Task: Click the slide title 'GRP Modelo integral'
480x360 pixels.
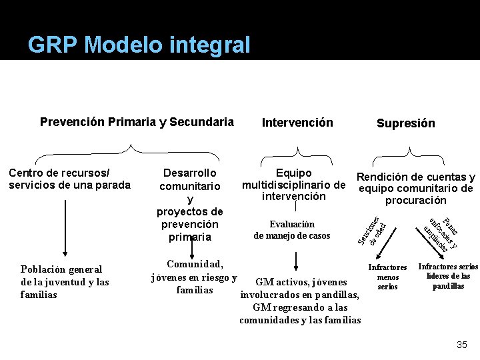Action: [x=139, y=45]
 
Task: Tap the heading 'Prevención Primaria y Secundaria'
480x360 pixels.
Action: [x=137, y=121]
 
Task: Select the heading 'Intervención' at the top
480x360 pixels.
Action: [x=297, y=122]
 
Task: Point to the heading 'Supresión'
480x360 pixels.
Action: [x=405, y=123]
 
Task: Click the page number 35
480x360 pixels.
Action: [x=462, y=345]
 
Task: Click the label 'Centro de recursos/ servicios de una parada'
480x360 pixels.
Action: [x=69, y=179]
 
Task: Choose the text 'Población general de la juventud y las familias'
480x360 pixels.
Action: [x=65, y=281]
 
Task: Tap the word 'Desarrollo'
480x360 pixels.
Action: [x=190, y=173]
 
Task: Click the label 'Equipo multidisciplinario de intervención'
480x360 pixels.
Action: [x=293, y=185]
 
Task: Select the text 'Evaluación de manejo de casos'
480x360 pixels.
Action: [x=292, y=230]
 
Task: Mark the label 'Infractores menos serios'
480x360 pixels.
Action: [x=387, y=277]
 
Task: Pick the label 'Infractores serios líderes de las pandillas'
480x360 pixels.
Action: [x=448, y=276]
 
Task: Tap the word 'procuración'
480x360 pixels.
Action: [x=416, y=200]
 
